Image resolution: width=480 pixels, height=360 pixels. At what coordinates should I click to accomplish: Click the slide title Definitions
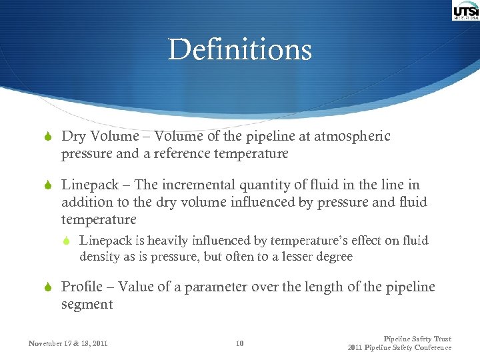click(x=240, y=49)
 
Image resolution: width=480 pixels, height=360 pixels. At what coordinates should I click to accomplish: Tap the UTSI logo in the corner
click(x=465, y=11)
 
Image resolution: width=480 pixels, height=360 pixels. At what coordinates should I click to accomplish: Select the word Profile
click(x=83, y=287)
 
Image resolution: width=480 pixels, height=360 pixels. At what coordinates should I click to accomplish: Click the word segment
click(x=87, y=305)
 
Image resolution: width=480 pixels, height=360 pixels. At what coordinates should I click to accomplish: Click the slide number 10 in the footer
click(x=240, y=344)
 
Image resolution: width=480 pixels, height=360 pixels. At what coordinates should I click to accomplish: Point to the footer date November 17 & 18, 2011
click(x=69, y=344)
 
